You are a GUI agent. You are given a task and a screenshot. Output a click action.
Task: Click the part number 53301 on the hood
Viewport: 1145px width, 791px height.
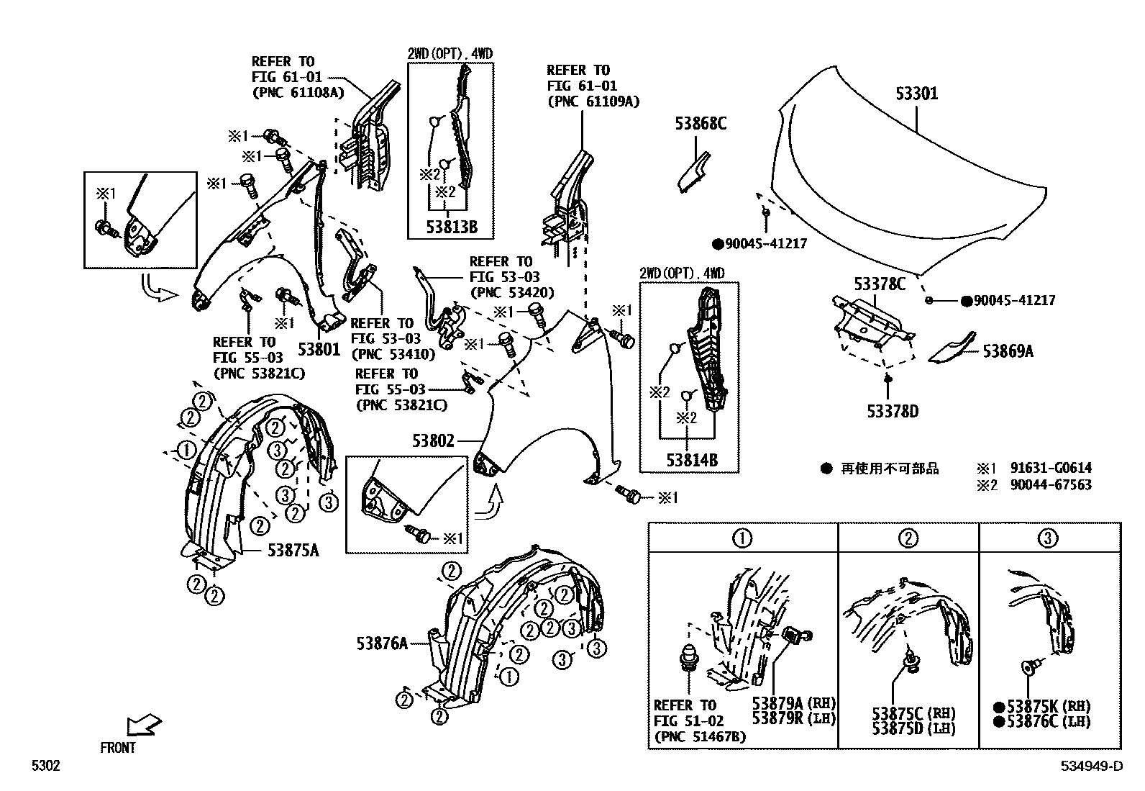click(917, 94)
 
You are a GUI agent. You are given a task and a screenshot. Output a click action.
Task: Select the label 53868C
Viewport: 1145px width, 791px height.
click(700, 124)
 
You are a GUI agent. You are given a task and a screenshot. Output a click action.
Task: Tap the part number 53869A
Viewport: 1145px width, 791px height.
click(1008, 351)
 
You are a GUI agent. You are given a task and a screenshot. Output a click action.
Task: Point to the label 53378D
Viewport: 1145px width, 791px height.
click(893, 412)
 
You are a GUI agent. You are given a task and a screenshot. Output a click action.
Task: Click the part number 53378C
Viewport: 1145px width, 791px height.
click(880, 284)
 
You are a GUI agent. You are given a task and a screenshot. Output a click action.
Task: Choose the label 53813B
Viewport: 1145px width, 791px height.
click(452, 228)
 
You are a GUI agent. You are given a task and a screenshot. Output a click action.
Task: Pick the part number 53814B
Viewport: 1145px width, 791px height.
click(691, 461)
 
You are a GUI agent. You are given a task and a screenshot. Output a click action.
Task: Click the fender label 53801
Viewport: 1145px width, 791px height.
click(318, 350)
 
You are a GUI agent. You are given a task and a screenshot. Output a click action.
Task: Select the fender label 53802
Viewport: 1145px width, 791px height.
click(433, 440)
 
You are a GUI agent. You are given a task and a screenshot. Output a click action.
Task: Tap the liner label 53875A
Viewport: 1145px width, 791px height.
click(293, 551)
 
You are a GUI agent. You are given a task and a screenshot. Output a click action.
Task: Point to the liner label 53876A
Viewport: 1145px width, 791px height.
click(382, 643)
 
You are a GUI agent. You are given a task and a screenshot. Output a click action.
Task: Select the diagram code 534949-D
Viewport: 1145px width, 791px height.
click(1090, 767)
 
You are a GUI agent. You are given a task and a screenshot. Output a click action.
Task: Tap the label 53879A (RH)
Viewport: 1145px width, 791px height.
click(794, 703)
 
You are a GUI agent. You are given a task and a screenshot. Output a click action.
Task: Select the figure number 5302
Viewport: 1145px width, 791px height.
click(45, 767)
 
